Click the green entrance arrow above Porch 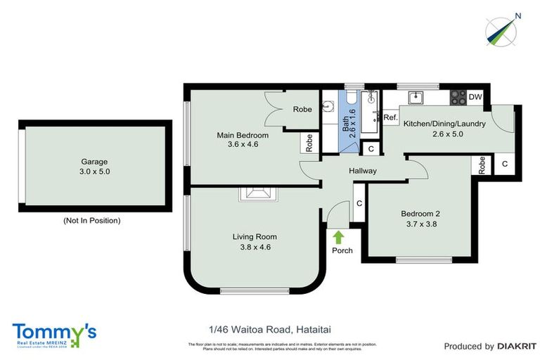338,237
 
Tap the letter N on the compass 517,15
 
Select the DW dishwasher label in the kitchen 476,97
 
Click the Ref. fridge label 390,117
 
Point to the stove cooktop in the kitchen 458,97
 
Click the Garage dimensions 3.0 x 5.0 95,171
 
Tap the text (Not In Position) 91,220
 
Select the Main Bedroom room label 243,135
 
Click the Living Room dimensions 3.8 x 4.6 255,247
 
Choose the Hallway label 363,171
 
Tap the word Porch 342,250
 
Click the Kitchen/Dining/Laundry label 444,124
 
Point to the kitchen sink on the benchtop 416,97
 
